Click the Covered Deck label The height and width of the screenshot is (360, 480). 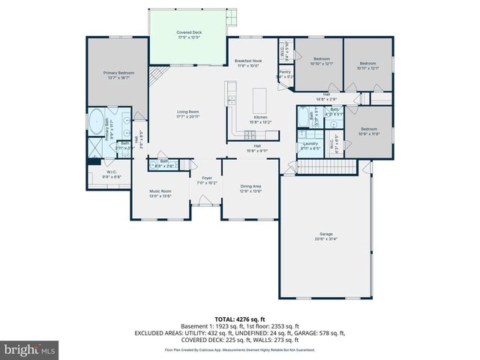point(189,35)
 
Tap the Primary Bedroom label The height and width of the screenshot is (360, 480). point(117,75)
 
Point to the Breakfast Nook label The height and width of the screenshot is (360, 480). point(247,63)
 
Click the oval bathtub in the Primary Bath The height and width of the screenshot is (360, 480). point(97,121)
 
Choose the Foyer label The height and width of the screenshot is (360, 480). point(207,181)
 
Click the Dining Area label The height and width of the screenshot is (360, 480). point(250,187)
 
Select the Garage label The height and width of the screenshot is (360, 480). point(326,236)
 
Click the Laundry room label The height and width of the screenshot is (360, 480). point(310,147)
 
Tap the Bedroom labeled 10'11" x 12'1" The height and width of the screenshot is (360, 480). point(367,65)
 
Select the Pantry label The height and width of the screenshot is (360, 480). point(284,74)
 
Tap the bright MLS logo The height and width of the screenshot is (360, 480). point(30,349)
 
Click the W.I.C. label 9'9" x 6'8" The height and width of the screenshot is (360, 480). point(112,174)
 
